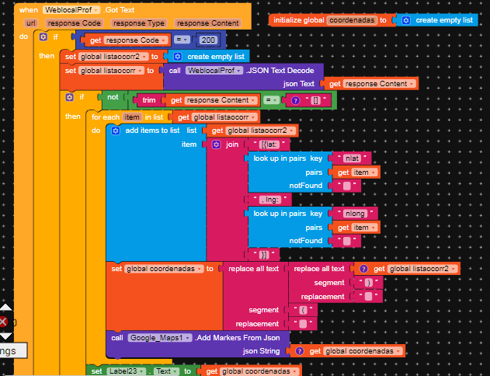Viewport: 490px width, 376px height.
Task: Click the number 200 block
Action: tap(207, 39)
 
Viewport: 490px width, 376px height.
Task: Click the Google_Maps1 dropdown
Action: tap(159, 338)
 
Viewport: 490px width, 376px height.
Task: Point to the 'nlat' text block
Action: tap(351, 158)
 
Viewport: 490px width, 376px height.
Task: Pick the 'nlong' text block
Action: tap(354, 213)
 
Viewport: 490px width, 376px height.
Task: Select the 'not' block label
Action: tap(113, 98)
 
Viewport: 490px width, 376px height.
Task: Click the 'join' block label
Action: tap(232, 144)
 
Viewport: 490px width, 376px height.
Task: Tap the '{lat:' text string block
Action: tap(262, 144)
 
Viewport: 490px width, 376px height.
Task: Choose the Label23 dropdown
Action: tap(125, 371)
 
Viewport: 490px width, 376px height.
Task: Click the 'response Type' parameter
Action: tap(141, 23)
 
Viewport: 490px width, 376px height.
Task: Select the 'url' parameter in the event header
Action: tap(31, 23)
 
